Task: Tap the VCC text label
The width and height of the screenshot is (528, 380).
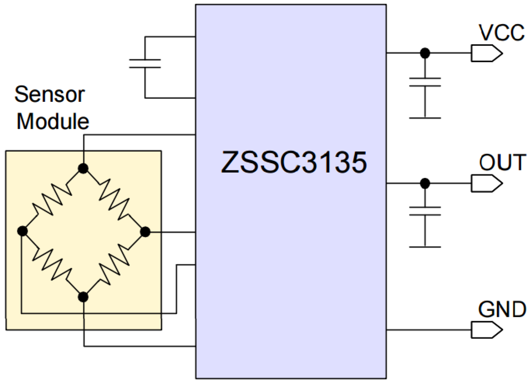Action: point(501,33)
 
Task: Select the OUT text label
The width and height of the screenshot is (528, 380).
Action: point(502,162)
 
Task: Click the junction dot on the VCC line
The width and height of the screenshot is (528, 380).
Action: point(425,53)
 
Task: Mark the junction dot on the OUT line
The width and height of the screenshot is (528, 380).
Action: point(425,183)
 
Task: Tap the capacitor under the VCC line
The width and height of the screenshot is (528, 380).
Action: point(425,82)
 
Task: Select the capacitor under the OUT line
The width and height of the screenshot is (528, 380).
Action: point(425,211)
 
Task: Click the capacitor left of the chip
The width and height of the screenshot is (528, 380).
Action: point(145,64)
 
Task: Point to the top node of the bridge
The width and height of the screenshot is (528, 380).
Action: point(84,169)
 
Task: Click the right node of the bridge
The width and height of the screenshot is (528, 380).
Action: point(145,231)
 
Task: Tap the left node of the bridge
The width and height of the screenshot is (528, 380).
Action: point(22,231)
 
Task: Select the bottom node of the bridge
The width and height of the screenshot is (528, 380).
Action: point(84,297)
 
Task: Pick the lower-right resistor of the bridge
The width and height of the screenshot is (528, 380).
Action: point(114,264)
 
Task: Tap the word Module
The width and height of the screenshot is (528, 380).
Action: point(53,122)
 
